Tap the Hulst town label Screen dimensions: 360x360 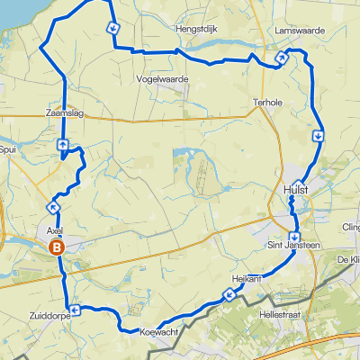pos(295,189)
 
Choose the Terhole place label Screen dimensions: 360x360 pos(268,102)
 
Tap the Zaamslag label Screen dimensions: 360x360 pos(63,113)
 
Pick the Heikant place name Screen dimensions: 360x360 pos(246,281)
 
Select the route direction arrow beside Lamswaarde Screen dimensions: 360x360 pos(281,58)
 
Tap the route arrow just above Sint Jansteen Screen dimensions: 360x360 pos(294,237)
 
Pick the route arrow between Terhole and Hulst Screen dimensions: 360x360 pos(319,136)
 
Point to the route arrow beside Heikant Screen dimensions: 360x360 pos(227,294)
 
